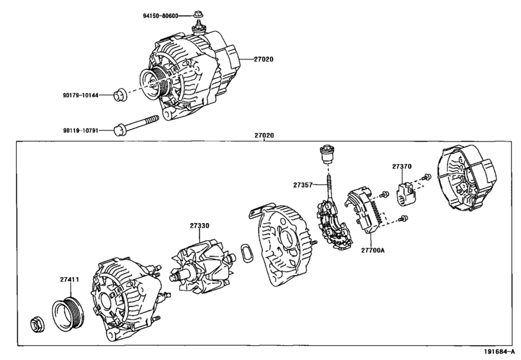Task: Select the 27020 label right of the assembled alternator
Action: coord(263,59)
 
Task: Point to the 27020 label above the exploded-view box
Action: coord(263,136)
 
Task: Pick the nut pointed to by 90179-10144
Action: coord(118,96)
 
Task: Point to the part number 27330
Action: coord(199,226)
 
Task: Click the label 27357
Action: coord(303,184)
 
